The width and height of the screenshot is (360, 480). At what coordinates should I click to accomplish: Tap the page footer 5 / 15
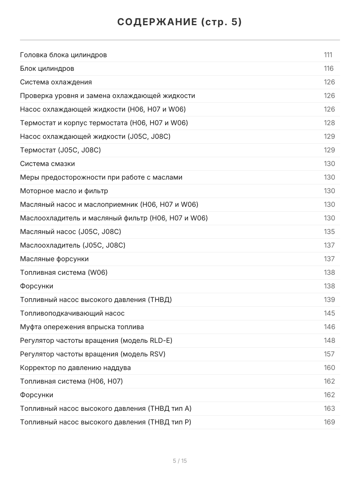pyautogui.click(x=180, y=461)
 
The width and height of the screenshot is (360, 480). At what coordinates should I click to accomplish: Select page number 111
pyautogui.click(x=328, y=55)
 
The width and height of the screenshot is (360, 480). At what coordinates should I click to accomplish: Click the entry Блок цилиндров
pyautogui.click(x=47, y=68)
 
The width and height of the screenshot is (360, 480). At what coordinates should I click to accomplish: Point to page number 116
pyautogui.click(x=328, y=68)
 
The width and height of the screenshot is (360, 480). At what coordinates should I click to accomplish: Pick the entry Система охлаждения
pyautogui.click(x=56, y=82)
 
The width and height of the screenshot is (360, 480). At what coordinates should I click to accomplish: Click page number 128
pyautogui.click(x=329, y=123)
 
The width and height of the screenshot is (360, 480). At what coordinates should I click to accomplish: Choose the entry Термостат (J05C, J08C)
pyautogui.click(x=60, y=150)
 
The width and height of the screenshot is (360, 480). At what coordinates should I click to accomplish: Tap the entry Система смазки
pyautogui.click(x=47, y=164)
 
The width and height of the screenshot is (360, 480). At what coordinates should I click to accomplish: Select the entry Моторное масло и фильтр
pyautogui.click(x=64, y=191)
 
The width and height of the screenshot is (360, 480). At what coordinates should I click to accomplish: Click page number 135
pyautogui.click(x=329, y=232)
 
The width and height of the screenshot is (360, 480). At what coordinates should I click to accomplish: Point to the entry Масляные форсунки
pyautogui.click(x=54, y=259)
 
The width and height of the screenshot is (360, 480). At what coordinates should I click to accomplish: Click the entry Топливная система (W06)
pyautogui.click(x=64, y=272)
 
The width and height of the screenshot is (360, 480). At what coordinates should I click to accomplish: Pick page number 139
pyautogui.click(x=329, y=300)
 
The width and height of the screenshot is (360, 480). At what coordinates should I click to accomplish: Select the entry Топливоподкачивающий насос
pyautogui.click(x=72, y=313)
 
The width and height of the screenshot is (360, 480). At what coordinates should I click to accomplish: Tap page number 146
pyautogui.click(x=329, y=327)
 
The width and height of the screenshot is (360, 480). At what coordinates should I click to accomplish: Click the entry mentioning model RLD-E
pyautogui.click(x=96, y=340)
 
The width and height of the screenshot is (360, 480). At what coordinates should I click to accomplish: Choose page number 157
pyautogui.click(x=329, y=354)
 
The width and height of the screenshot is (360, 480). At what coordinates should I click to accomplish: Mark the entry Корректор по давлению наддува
pyautogui.click(x=75, y=368)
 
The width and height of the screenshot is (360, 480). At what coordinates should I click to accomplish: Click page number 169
pyautogui.click(x=329, y=422)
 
